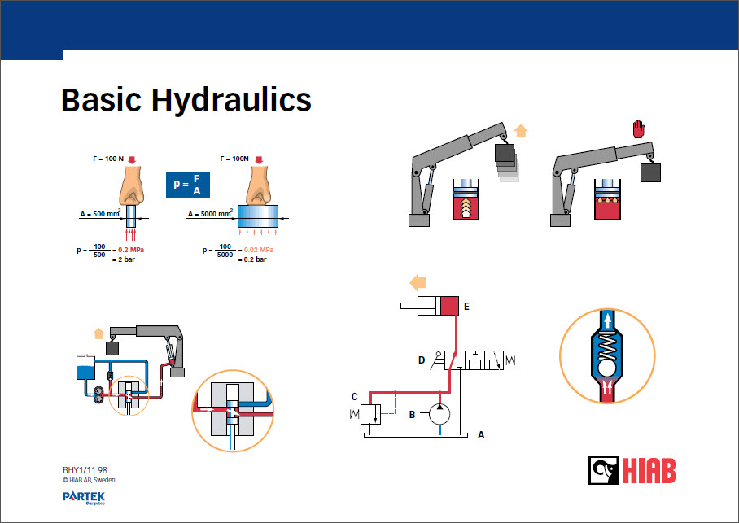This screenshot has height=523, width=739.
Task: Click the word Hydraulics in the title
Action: [x=231, y=100]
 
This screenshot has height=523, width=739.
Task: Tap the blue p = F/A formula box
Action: [x=187, y=185]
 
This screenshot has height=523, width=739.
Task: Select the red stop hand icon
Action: [x=638, y=129]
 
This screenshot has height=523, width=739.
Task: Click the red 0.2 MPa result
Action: [x=131, y=250]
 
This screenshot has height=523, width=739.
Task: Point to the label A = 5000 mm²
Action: [x=210, y=213]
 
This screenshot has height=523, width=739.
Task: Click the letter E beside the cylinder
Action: [x=466, y=307]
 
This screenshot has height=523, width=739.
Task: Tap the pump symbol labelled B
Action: [x=439, y=414]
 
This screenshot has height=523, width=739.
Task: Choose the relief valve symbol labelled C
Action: [x=370, y=414]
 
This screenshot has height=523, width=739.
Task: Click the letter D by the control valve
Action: [x=422, y=360]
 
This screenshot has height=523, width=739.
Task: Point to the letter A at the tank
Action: [x=481, y=434]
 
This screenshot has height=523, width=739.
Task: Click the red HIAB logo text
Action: [x=649, y=471]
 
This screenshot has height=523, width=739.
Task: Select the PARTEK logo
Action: [x=84, y=498]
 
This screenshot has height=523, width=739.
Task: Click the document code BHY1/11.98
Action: [x=85, y=470]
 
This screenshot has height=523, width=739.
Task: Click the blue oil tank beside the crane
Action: [x=85, y=368]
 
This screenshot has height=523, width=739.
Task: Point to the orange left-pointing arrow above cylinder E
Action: [x=418, y=283]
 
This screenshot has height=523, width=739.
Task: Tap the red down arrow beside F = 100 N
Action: [x=132, y=159]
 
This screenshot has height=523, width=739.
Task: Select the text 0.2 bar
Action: [x=255, y=259]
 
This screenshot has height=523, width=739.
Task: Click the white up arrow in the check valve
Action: [x=607, y=320]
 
